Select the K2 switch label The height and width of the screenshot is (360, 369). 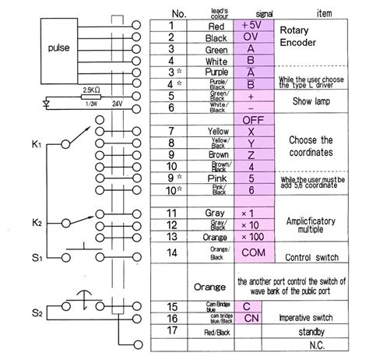(37, 223)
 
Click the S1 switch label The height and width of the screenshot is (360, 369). (37, 256)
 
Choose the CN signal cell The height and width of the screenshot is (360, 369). (251, 319)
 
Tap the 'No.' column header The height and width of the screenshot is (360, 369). (177, 12)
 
